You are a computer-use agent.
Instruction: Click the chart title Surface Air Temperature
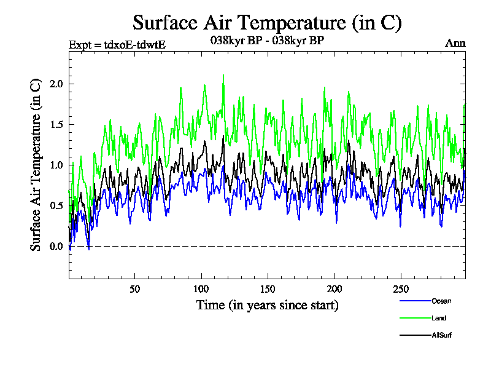[267, 23]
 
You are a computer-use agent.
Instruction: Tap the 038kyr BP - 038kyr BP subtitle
[267, 41]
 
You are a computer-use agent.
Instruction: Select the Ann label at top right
[455, 43]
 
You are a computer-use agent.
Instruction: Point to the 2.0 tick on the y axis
[56, 84]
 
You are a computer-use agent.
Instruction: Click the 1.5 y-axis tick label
[56, 124]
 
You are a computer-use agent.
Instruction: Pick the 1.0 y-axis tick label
[56, 165]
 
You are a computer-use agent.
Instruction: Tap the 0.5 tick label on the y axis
[56, 205]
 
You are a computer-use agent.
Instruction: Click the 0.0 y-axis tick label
[56, 246]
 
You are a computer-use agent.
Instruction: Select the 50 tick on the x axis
[135, 289]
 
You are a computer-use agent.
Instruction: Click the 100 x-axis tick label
[201, 289]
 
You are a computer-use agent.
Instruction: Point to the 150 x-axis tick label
[268, 289]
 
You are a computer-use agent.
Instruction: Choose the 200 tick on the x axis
[334, 289]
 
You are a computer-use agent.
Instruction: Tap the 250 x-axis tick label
[400, 289]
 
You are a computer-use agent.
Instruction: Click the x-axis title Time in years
[267, 304]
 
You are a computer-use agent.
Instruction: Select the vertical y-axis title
[36, 165]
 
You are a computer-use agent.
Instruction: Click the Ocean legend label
[441, 301]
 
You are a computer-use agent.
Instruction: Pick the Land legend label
[439, 318]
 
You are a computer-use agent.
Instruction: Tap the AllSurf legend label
[441, 335]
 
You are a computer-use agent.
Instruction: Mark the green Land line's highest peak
[223, 75]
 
